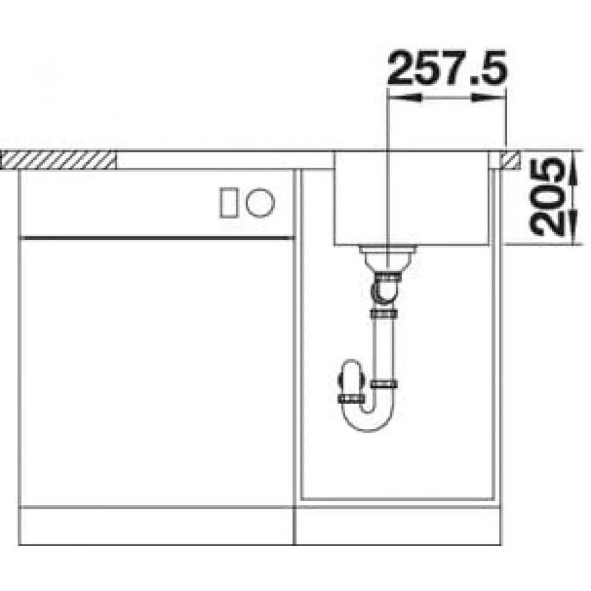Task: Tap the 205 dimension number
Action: click(547, 197)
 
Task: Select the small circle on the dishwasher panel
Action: click(260, 202)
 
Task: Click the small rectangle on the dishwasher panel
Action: click(228, 203)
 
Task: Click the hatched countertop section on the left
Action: click(58, 160)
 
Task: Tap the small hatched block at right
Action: click(511, 160)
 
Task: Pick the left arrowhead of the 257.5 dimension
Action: click(404, 98)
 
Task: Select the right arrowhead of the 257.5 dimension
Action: click(488, 98)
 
